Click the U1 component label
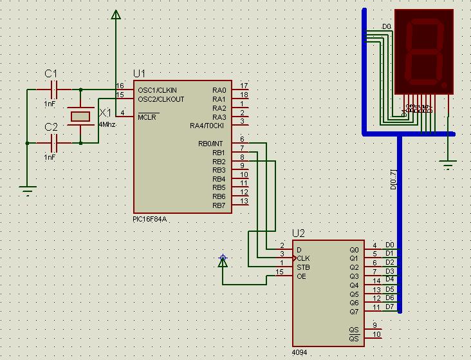click(x=139, y=73)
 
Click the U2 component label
click(x=299, y=233)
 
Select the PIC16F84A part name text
click(x=150, y=219)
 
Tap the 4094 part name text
click(x=300, y=353)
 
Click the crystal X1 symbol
click(x=80, y=116)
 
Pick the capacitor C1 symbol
click(x=54, y=90)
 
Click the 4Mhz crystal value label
click(x=107, y=124)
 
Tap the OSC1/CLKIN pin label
click(x=157, y=90)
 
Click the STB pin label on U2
click(x=302, y=267)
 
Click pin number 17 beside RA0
click(x=244, y=86)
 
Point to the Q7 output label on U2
click(x=354, y=312)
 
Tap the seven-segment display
click(x=425, y=52)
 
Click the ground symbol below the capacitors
click(x=27, y=189)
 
